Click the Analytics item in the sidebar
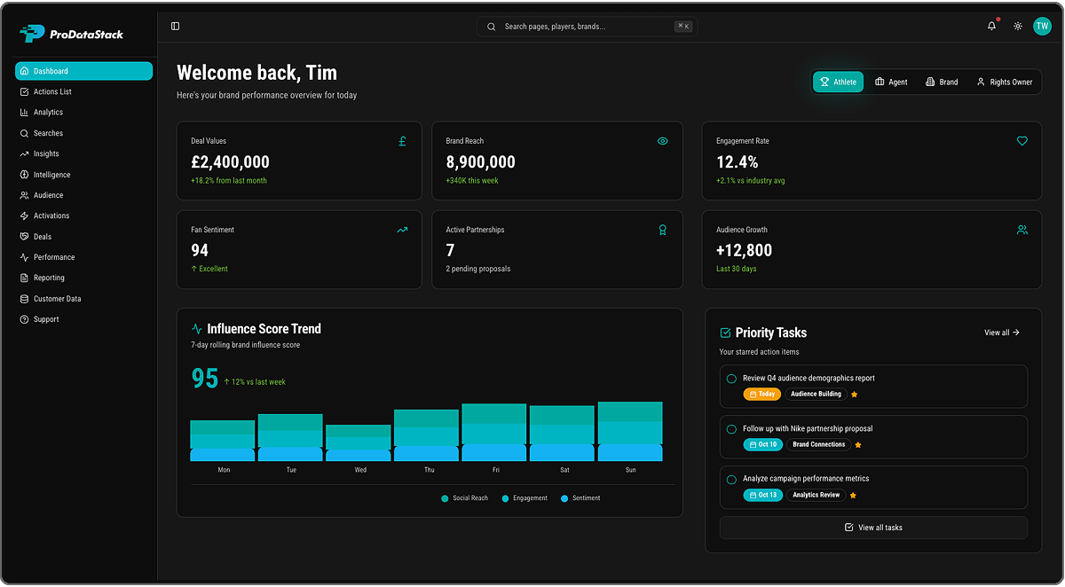click(x=48, y=113)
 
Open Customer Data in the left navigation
click(x=57, y=299)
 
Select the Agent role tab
click(x=891, y=82)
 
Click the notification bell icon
click(x=991, y=27)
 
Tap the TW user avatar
click(x=1042, y=27)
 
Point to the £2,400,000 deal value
click(x=230, y=162)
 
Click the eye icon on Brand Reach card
click(x=662, y=141)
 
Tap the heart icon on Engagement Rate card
click(x=1022, y=141)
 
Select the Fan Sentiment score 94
click(x=200, y=251)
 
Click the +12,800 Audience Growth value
click(x=744, y=251)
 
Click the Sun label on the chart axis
click(x=630, y=470)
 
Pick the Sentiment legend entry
click(x=580, y=498)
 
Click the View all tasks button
click(x=873, y=528)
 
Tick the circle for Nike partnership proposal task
click(x=731, y=429)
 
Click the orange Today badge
click(x=761, y=394)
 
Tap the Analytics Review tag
click(x=816, y=495)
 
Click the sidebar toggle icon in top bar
click(x=175, y=27)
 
